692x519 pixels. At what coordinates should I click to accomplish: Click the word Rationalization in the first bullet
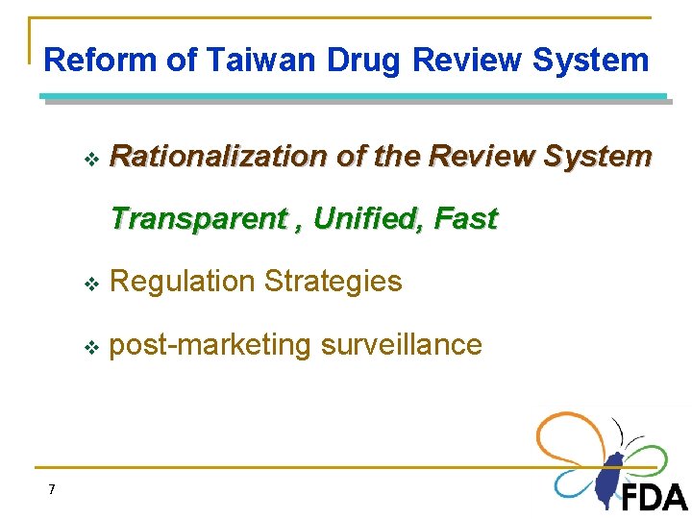[x=218, y=156]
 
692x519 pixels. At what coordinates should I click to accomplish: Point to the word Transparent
[x=197, y=219]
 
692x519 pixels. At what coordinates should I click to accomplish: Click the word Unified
[x=368, y=219]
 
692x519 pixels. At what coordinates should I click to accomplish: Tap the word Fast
[x=465, y=219]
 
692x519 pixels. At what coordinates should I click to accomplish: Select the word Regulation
[x=183, y=282]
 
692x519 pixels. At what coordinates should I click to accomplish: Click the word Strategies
[x=333, y=282]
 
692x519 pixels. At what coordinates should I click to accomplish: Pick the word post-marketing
[x=210, y=345]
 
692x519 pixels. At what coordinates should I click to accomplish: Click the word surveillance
[x=401, y=345]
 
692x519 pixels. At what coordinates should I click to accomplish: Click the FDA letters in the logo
[x=654, y=497]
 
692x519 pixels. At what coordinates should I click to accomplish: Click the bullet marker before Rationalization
[x=91, y=158]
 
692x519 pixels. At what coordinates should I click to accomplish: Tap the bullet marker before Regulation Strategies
[x=91, y=284]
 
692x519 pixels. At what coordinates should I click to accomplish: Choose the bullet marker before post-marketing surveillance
[x=91, y=347]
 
